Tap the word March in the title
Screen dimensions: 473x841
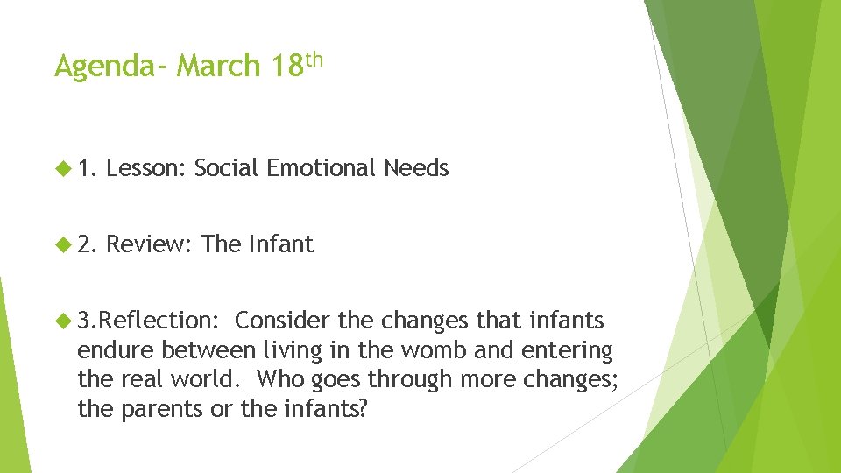(x=219, y=66)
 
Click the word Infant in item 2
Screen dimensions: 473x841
(x=280, y=244)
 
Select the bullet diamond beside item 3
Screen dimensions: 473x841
(x=65, y=321)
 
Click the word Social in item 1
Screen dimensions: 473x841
(x=226, y=168)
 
